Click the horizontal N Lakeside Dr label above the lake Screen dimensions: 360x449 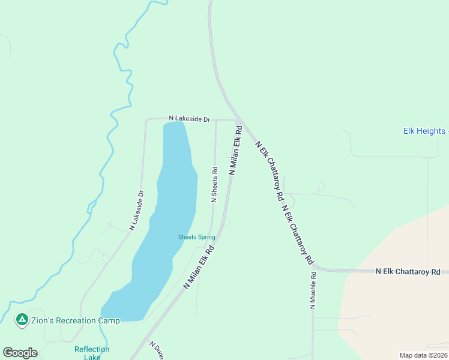pyautogui.click(x=189, y=119)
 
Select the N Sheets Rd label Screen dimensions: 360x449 pyautogui.click(x=214, y=185)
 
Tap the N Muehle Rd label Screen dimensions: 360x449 pyautogui.click(x=313, y=290)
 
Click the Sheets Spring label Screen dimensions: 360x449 pyautogui.click(x=196, y=237)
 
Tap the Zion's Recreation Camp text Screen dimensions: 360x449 pyautogui.click(x=76, y=320)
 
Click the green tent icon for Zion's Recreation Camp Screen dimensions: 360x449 pyautogui.click(x=22, y=320)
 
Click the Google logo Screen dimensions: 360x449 pyautogui.click(x=20, y=353)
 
